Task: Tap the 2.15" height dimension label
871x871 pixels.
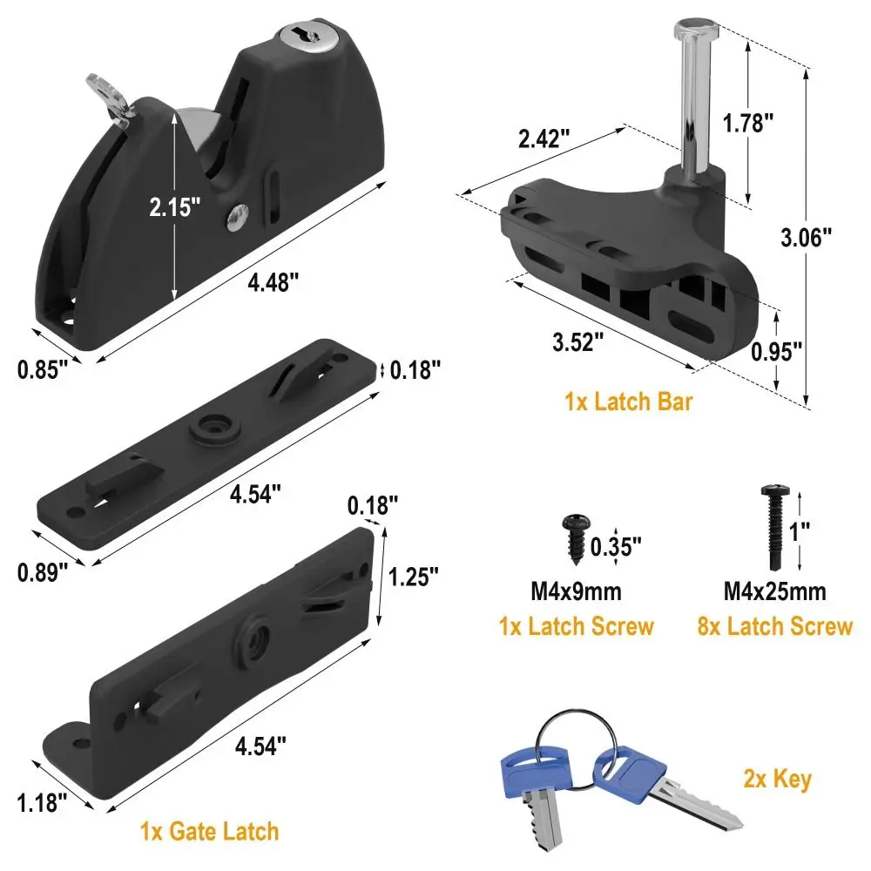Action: coord(174,206)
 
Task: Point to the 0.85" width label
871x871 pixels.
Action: coord(43,369)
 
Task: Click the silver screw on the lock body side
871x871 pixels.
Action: coord(237,217)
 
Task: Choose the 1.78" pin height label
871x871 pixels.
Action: coord(750,123)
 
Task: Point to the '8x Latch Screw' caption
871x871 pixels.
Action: coord(775,626)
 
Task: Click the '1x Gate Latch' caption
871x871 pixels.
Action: coord(210,830)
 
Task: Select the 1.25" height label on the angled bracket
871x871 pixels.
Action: coord(414,577)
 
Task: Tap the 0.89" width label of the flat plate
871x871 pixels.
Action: coord(43,572)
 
